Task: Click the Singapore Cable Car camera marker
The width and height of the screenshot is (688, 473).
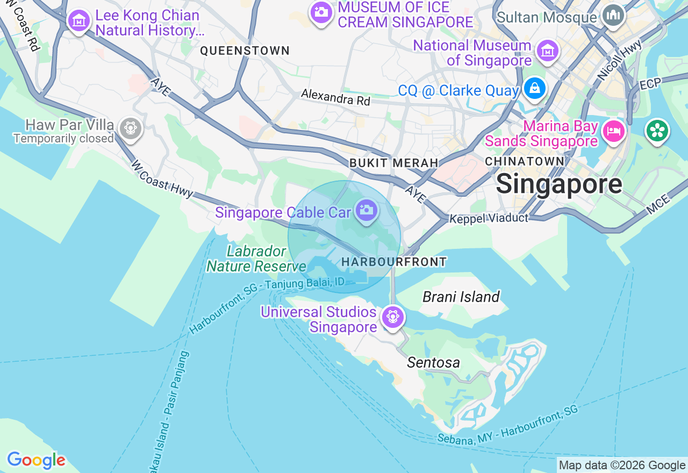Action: (x=367, y=210)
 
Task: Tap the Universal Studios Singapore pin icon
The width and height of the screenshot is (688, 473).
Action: (x=392, y=317)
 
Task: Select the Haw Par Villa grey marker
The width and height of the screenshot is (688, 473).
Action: (x=130, y=128)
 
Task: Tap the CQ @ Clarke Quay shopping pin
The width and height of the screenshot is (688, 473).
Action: (x=535, y=89)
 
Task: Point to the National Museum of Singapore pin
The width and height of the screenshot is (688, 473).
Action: (x=548, y=52)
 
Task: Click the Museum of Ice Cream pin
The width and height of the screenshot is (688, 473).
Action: (x=321, y=11)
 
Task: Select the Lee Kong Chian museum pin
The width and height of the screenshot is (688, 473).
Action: (x=80, y=21)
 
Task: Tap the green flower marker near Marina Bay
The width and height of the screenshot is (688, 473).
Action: (x=657, y=131)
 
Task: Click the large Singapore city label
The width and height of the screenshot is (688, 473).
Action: (x=559, y=184)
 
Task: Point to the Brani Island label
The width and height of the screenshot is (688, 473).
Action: (x=461, y=297)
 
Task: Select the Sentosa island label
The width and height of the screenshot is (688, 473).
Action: (x=433, y=363)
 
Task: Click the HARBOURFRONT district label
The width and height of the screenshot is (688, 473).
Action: (x=394, y=262)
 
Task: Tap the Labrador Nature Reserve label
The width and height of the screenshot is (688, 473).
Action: (x=256, y=259)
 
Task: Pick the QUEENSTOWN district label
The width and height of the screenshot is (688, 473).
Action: (x=245, y=51)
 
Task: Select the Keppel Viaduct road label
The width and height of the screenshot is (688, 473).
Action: (x=489, y=218)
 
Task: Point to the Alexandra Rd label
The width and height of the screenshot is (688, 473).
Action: (x=335, y=97)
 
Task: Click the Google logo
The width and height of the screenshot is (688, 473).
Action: (x=36, y=461)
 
